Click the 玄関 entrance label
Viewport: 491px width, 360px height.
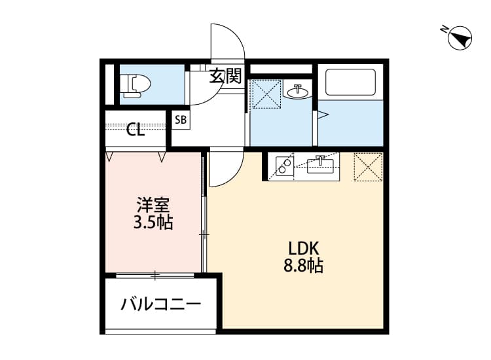point(225,76)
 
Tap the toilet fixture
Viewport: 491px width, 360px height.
point(136,86)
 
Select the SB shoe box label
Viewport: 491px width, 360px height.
point(180,120)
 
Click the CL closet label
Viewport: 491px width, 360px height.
point(136,130)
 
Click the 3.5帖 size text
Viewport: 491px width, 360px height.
point(153,223)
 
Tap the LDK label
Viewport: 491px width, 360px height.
point(303,249)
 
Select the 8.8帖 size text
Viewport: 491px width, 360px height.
point(303,266)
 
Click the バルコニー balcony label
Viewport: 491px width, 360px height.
point(160,304)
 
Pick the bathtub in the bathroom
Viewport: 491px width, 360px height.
point(351,82)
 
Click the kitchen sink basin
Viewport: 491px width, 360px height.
point(321,166)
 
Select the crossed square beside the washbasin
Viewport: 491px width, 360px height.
point(266,94)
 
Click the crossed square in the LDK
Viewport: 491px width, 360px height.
point(367,166)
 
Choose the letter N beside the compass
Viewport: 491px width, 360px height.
point(444,29)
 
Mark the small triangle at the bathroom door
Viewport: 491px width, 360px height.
point(321,116)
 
